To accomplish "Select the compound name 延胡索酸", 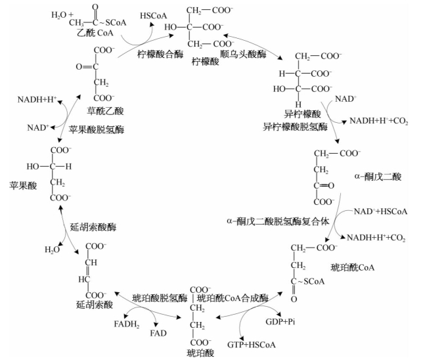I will (x=94, y=305).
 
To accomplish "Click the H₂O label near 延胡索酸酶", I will (x=51, y=250).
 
